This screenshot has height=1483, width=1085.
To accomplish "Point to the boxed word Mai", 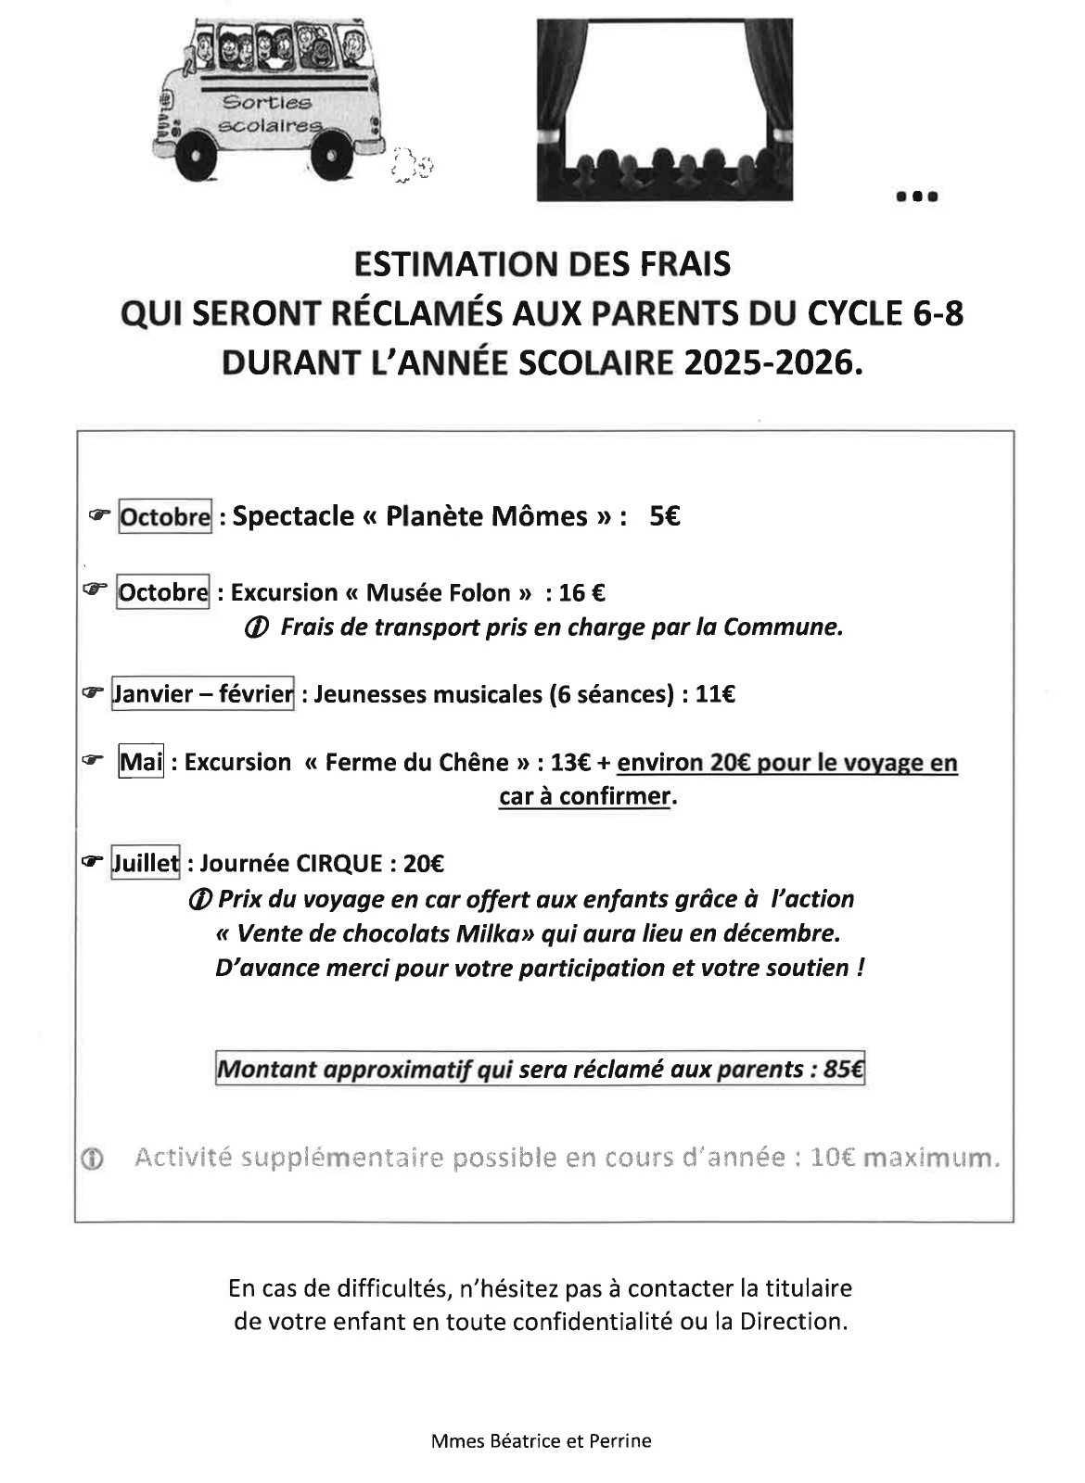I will click(141, 763).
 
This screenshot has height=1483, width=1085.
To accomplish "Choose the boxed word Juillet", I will click(146, 864).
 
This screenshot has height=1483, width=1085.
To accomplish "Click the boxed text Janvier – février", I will click(203, 694).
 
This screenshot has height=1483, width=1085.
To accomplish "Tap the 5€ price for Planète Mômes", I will click(665, 516).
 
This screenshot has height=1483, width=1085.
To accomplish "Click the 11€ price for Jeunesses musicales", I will click(716, 694).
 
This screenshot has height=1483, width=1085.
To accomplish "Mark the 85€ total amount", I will click(844, 1070).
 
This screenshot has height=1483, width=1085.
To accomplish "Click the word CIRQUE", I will click(338, 864).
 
